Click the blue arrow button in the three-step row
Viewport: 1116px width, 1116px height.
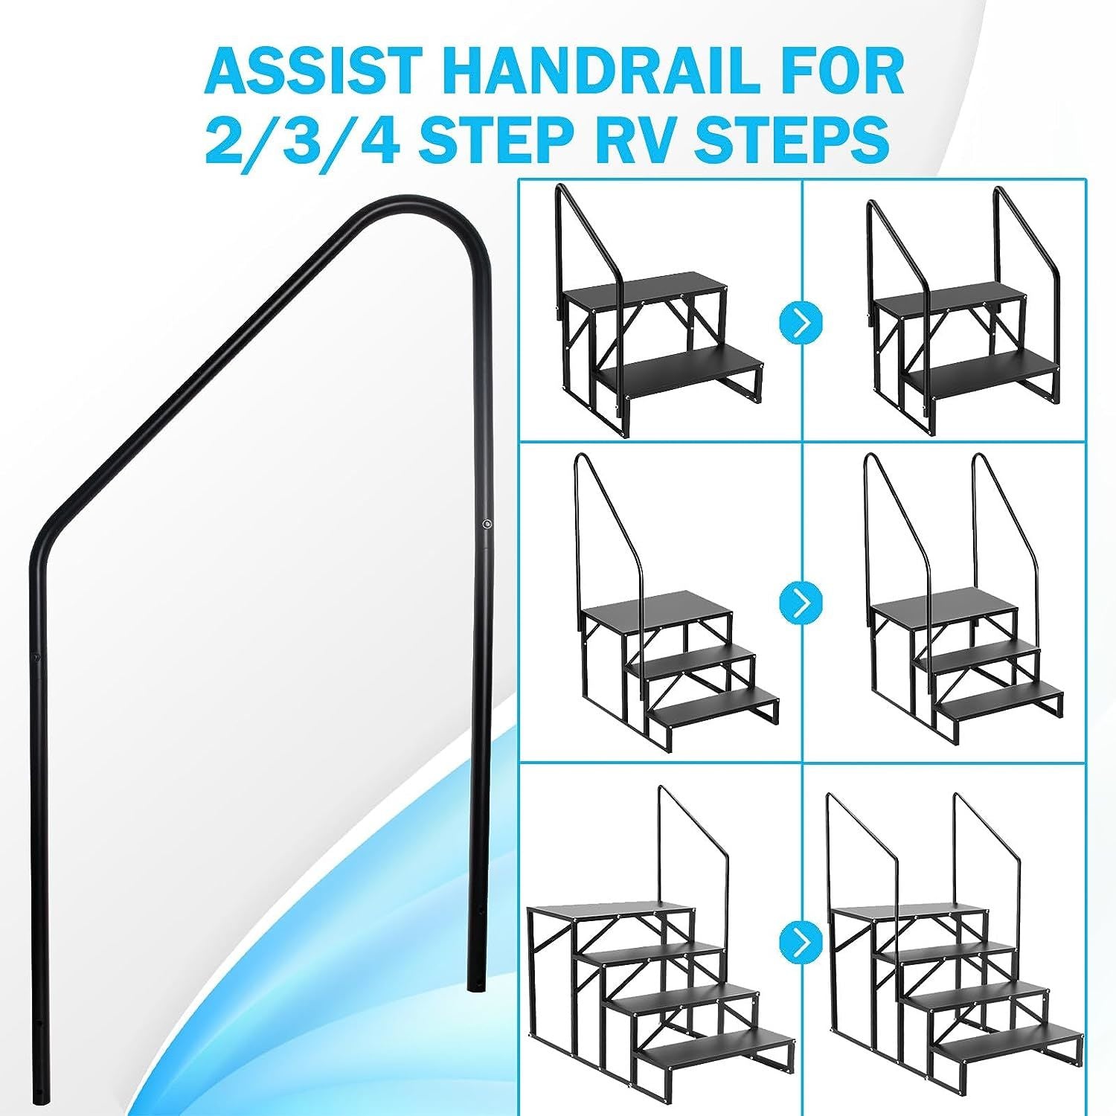pyautogui.click(x=801, y=601)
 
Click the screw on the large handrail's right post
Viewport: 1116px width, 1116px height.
pyautogui.click(x=486, y=525)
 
